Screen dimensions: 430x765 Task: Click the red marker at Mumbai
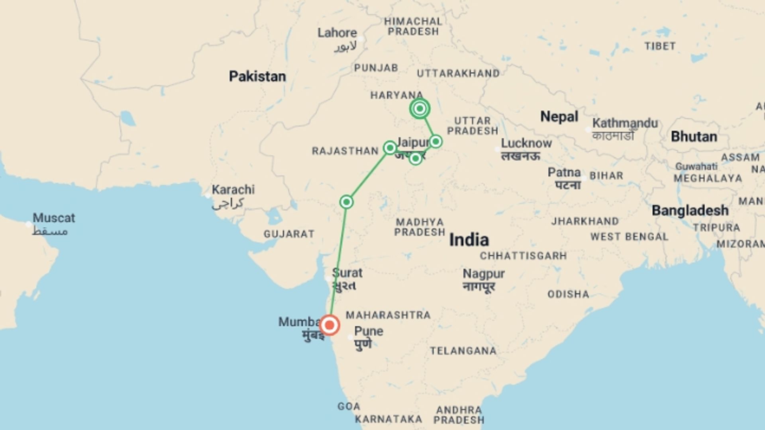(x=330, y=325)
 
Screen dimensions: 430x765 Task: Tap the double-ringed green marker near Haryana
(x=420, y=108)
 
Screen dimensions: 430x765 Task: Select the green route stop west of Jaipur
(x=390, y=148)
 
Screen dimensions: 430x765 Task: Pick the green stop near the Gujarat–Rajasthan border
(x=346, y=202)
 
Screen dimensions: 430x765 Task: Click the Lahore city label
(x=337, y=33)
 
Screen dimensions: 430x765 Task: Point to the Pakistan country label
(x=257, y=76)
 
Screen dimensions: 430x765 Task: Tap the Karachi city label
(x=233, y=190)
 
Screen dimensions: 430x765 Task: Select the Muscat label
(x=54, y=218)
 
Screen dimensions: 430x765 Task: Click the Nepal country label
(x=559, y=117)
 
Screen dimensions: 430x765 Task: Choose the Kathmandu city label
(x=625, y=123)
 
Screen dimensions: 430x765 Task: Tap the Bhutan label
(x=694, y=137)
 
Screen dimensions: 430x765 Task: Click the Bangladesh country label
(x=690, y=210)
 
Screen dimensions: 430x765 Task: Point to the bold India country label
(x=469, y=240)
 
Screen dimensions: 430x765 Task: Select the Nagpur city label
(x=483, y=274)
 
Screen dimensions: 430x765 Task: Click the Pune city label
(x=369, y=331)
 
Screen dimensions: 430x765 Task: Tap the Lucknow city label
(x=526, y=143)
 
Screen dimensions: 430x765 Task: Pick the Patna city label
(x=564, y=172)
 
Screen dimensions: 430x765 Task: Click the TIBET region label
(x=660, y=46)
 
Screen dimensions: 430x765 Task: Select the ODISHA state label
(x=568, y=294)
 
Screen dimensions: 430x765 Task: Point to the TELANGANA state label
(x=463, y=351)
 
